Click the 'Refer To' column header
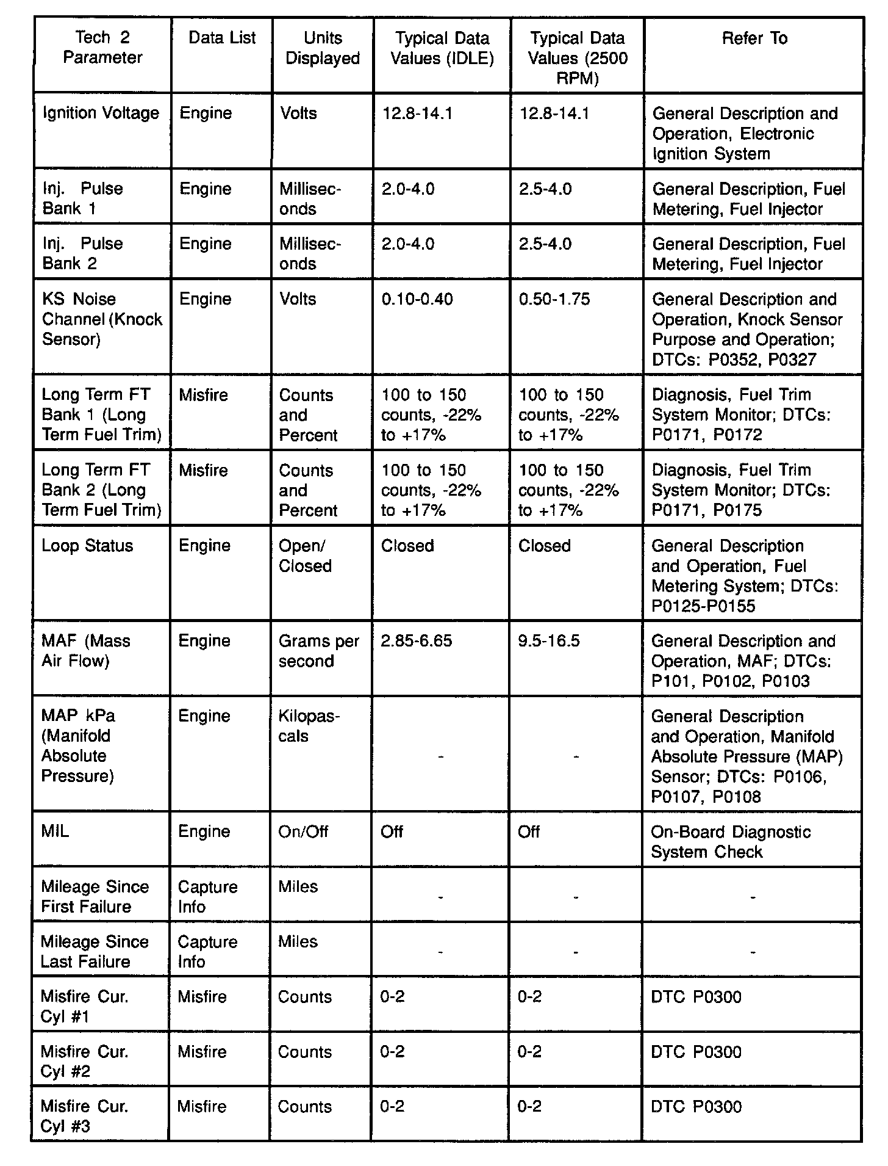click(754, 38)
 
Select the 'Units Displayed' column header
click(323, 48)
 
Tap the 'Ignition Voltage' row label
click(101, 113)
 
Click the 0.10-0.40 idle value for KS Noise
click(417, 299)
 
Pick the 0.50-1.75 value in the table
click(554, 299)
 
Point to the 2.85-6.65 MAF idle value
click(417, 641)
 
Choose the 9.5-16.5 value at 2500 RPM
click(549, 641)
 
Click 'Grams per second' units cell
click(319, 651)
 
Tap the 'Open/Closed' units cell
click(305, 556)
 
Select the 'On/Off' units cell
click(303, 831)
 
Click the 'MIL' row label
click(55, 831)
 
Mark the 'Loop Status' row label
click(87, 546)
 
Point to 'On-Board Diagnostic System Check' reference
click(731, 842)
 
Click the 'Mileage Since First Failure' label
click(95, 896)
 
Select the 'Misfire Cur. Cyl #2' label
click(84, 1061)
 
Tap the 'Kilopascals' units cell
click(309, 726)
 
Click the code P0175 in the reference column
click(737, 510)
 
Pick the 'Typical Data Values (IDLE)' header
click(442, 48)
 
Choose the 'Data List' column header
click(222, 38)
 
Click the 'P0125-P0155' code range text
click(703, 606)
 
